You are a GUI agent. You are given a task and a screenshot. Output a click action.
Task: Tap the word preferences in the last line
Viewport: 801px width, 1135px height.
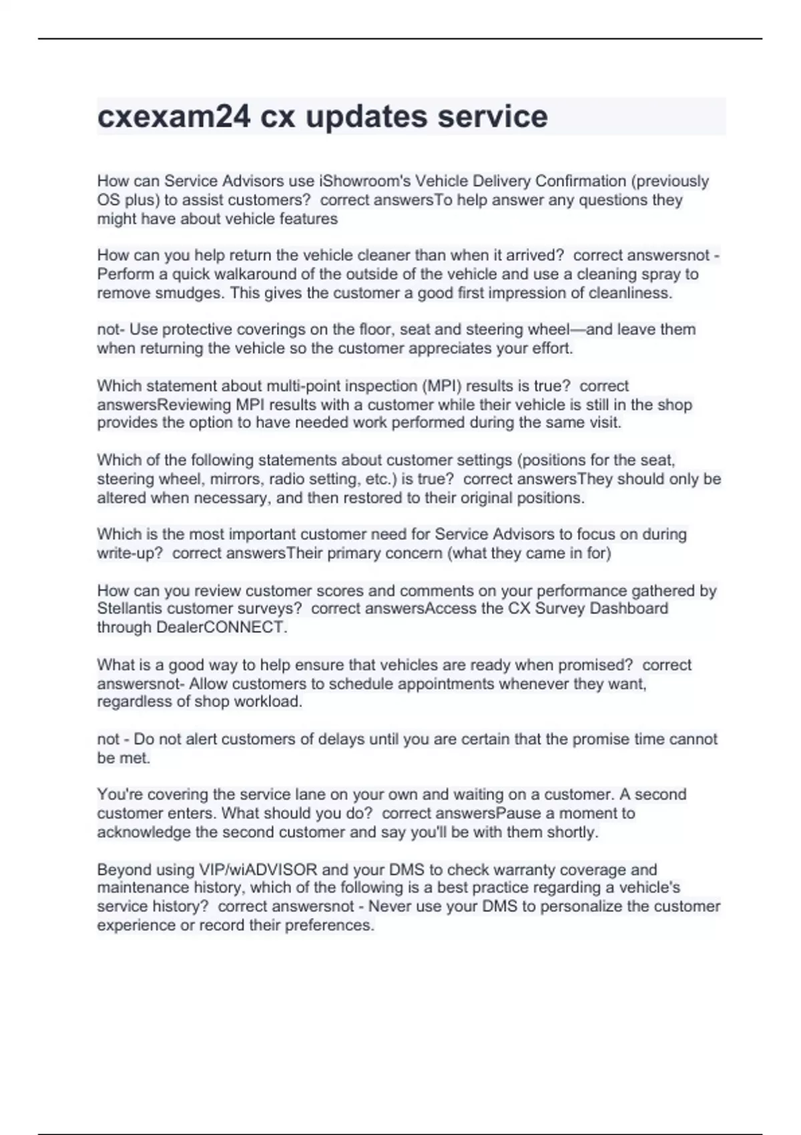point(330,926)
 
